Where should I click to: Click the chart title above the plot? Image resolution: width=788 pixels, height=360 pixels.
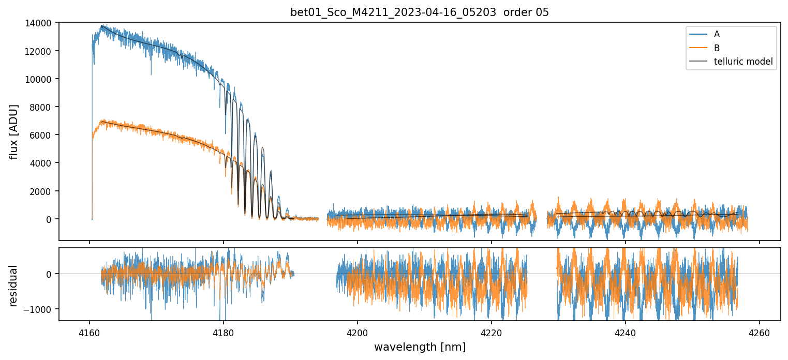click(x=420, y=12)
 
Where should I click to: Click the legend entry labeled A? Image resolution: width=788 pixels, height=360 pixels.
click(x=717, y=34)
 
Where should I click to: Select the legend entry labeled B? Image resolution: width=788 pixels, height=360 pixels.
click(x=717, y=48)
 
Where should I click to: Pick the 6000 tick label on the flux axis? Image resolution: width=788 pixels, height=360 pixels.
click(x=43, y=135)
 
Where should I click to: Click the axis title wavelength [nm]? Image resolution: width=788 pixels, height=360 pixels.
click(x=420, y=347)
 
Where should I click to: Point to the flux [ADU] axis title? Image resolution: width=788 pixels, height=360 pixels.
click(x=14, y=131)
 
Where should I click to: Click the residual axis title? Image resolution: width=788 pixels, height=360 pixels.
click(x=14, y=286)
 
